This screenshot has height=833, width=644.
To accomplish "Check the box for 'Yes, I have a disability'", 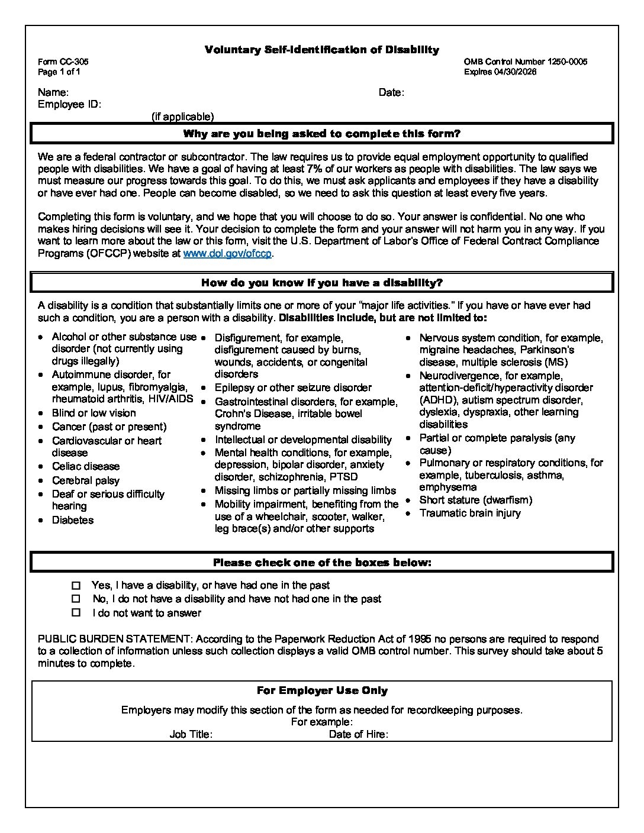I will pyautogui.click(x=76, y=585).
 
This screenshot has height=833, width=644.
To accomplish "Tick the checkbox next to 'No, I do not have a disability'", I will pyautogui.click(x=76, y=599).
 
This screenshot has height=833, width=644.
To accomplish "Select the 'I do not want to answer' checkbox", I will pyautogui.click(x=76, y=613).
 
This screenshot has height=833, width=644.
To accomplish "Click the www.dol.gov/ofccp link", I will pyautogui.click(x=228, y=253).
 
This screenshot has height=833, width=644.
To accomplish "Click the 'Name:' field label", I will pyautogui.click(x=53, y=92).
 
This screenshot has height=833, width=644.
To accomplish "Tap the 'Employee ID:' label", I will pyautogui.click(x=69, y=105).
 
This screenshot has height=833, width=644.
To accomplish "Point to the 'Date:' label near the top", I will pyautogui.click(x=391, y=92).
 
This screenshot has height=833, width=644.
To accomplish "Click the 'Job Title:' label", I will pyautogui.click(x=191, y=734).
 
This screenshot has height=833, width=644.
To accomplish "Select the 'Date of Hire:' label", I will pyautogui.click(x=358, y=734).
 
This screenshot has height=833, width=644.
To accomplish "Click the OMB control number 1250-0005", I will pyautogui.click(x=566, y=62).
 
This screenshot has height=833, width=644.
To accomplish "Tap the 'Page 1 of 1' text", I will pyautogui.click(x=59, y=72).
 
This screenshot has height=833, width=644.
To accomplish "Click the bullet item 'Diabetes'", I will pyautogui.click(x=73, y=520).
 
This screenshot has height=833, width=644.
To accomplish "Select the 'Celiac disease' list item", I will pyautogui.click(x=86, y=466).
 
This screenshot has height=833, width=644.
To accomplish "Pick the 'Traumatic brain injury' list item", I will pyautogui.click(x=470, y=513).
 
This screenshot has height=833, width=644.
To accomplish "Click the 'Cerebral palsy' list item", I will pyautogui.click(x=86, y=480).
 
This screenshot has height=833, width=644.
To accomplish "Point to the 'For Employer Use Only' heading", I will pyautogui.click(x=322, y=690).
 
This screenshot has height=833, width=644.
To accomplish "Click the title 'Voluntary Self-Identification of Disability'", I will pyautogui.click(x=322, y=50).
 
